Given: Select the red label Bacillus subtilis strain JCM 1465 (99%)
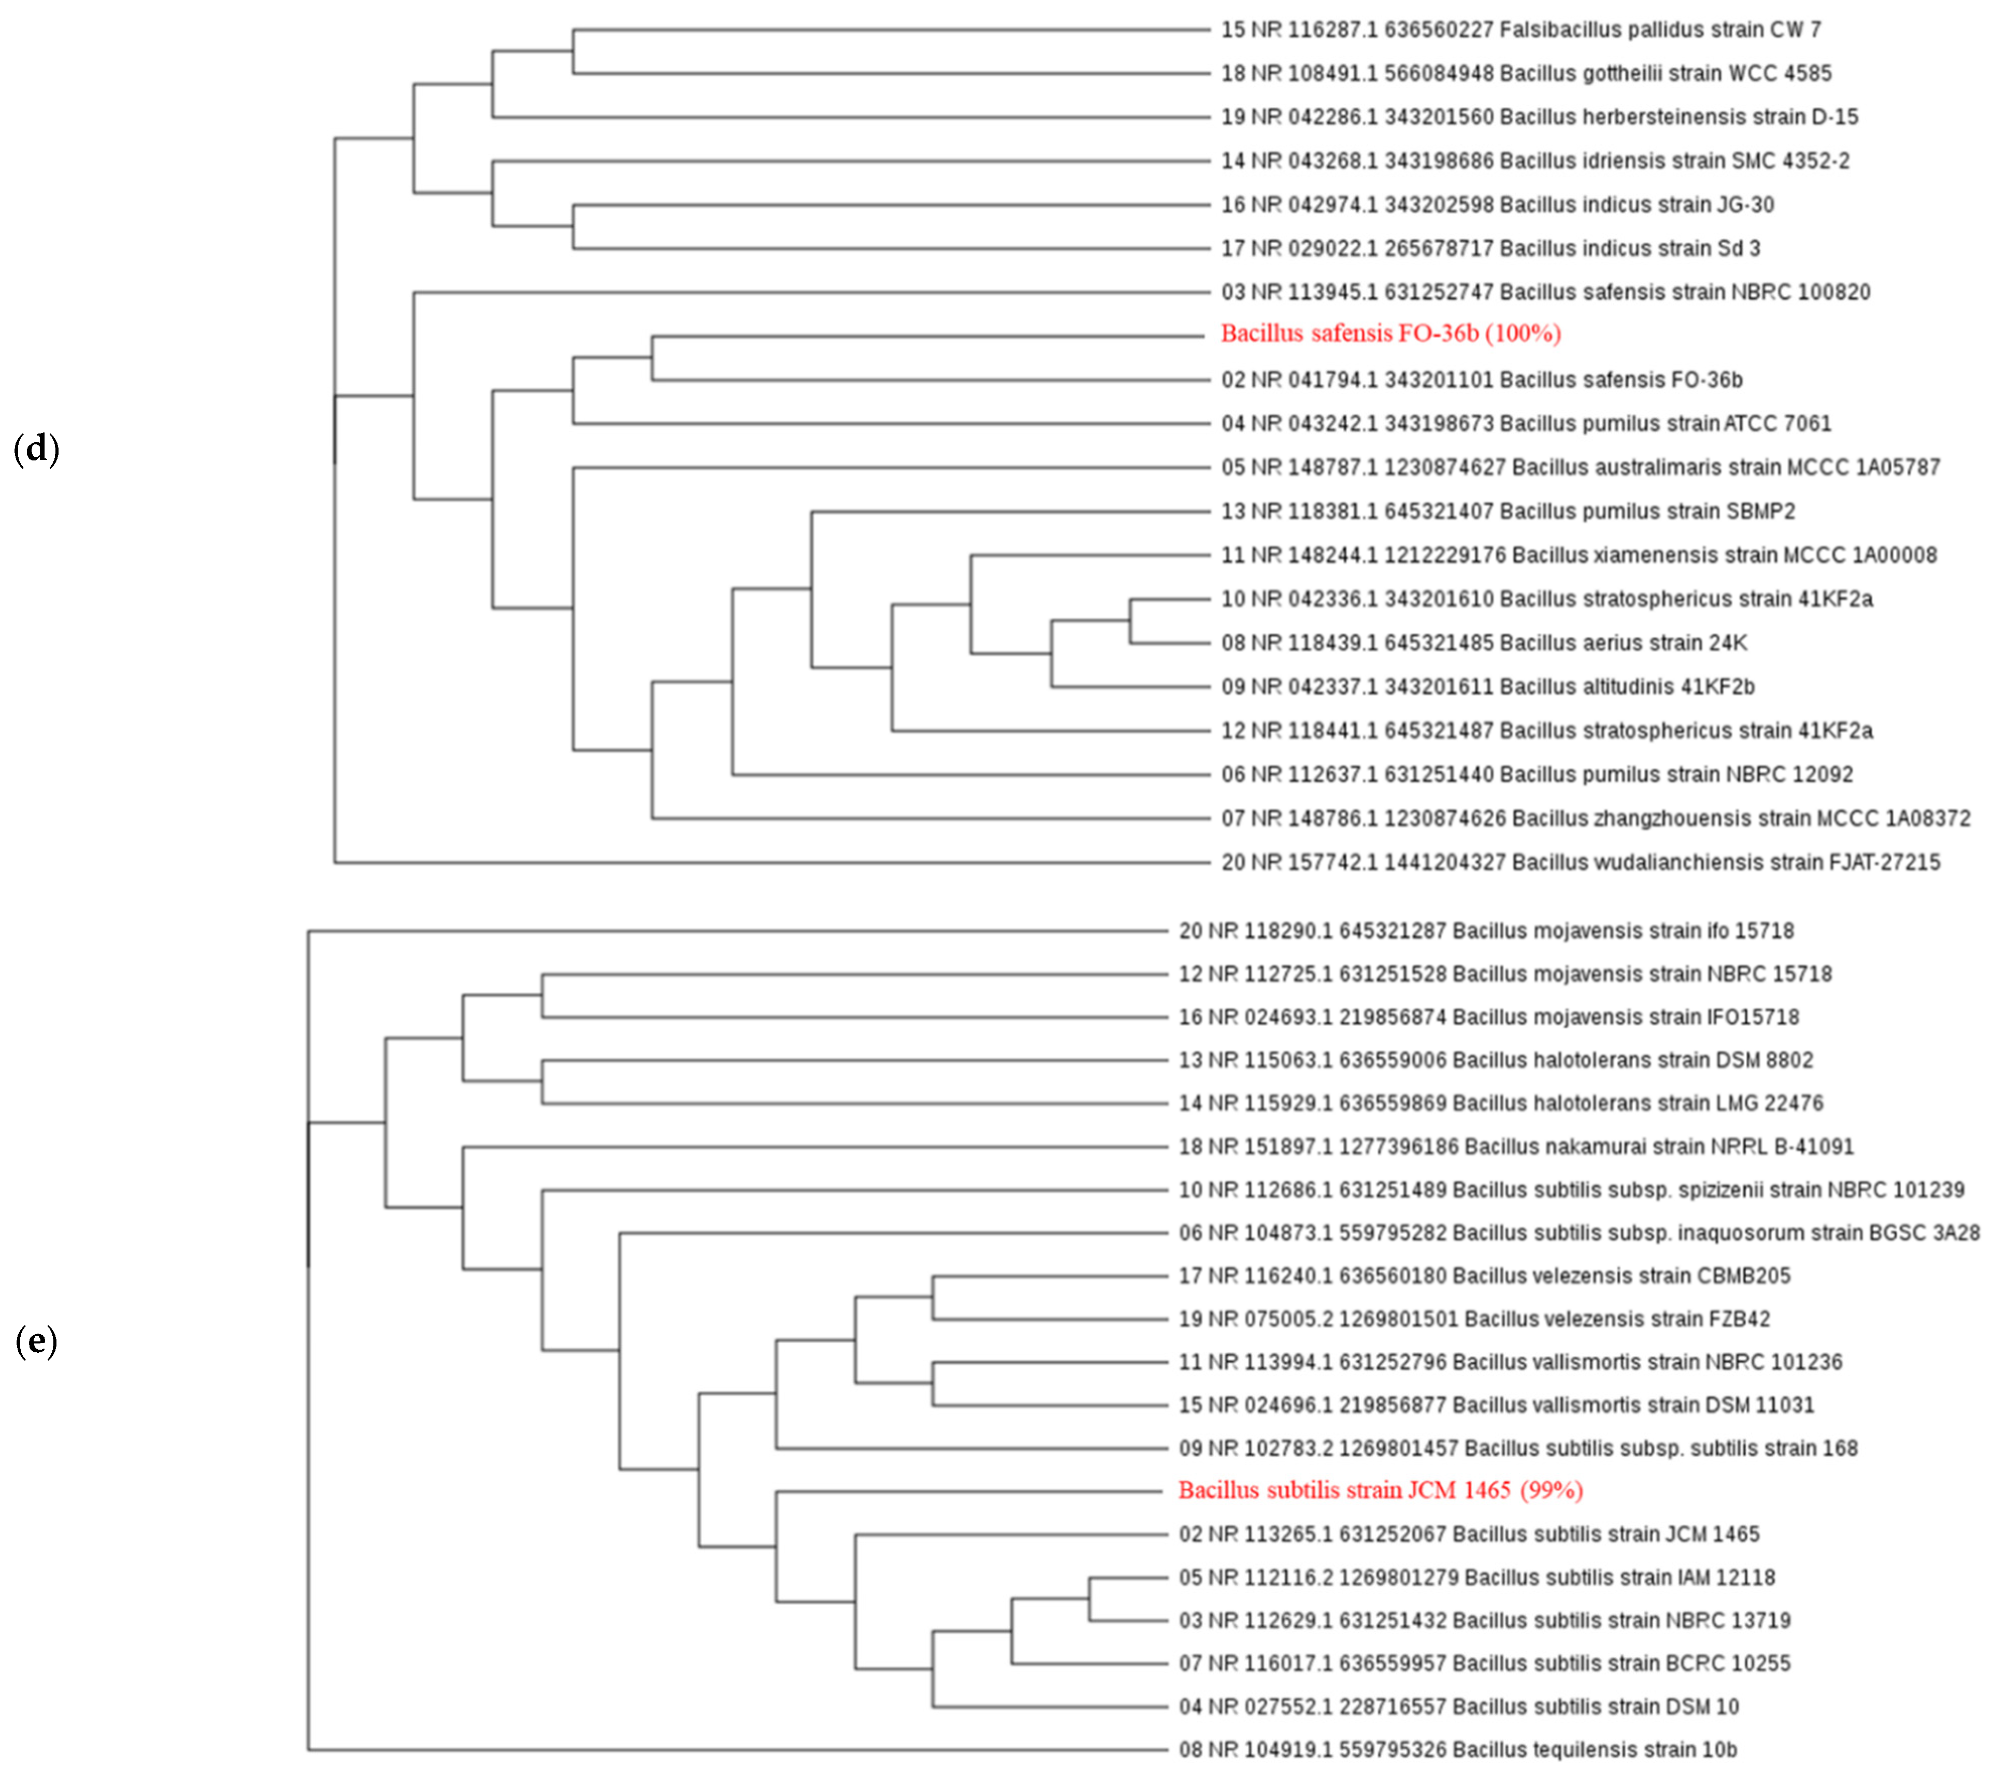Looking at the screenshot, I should [x=1380, y=1490].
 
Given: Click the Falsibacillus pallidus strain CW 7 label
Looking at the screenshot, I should [x=1520, y=30].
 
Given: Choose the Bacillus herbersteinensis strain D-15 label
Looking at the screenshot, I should [x=1539, y=117].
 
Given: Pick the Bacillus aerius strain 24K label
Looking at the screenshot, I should [x=1483, y=643].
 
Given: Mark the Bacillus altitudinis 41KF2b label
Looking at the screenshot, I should [x=1487, y=687].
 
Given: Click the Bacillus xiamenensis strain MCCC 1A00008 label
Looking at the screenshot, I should [x=1578, y=555].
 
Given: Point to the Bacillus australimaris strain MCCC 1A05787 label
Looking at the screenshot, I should [x=1580, y=467].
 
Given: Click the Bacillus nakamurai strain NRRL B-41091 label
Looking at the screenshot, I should [x=1515, y=1146].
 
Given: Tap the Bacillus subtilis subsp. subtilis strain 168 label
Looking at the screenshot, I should [x=1517, y=1448].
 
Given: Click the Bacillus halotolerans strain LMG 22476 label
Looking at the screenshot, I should [x=1501, y=1103].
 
